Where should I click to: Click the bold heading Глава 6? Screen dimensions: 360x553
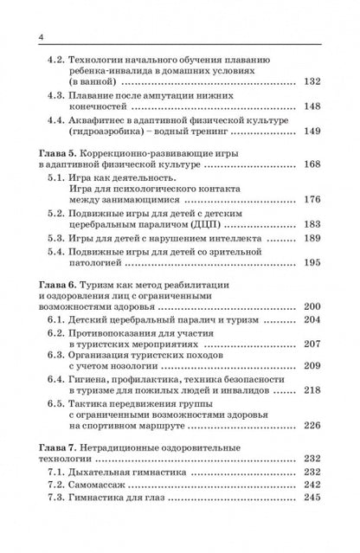[x=40, y=283]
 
